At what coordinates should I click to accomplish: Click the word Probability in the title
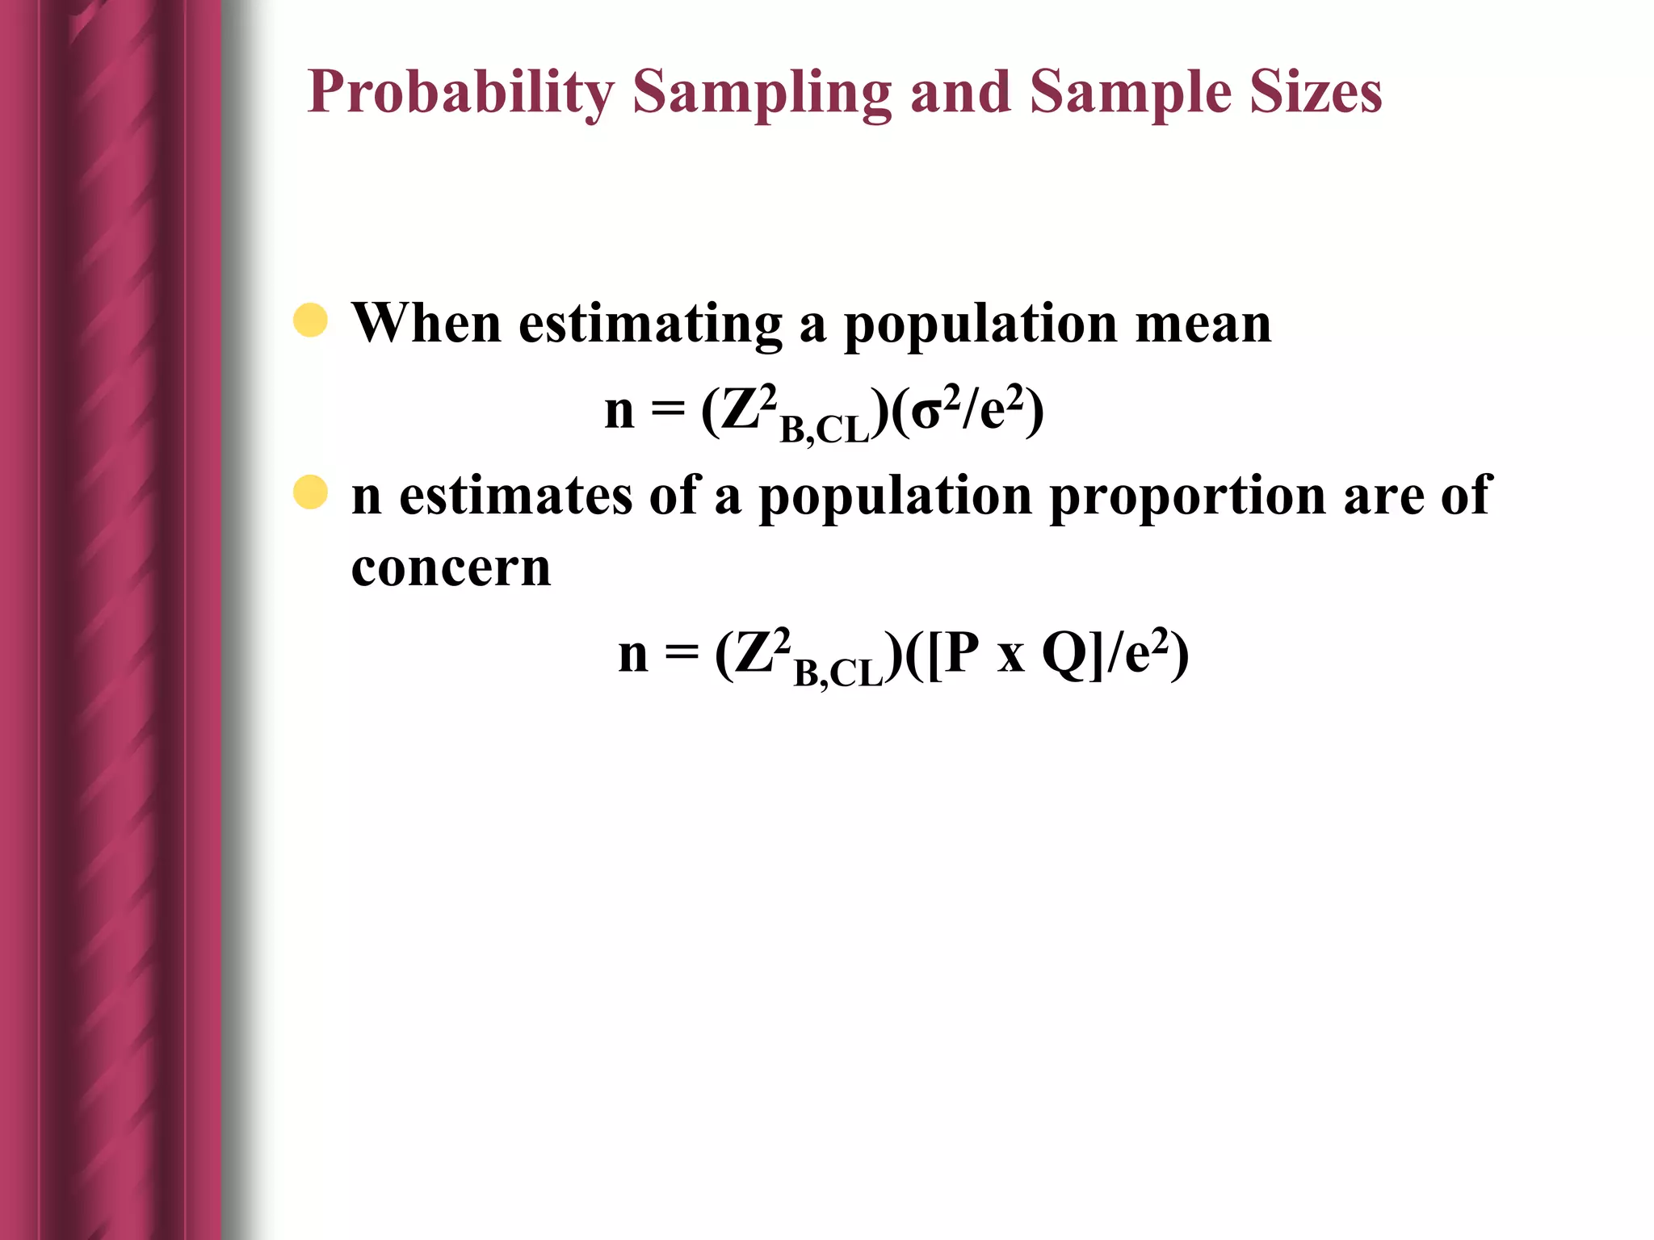click(460, 92)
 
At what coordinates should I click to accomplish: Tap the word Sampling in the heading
click(762, 92)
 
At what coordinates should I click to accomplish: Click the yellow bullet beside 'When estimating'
click(310, 320)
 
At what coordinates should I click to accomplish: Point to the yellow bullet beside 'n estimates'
click(310, 492)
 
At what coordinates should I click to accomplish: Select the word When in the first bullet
click(426, 323)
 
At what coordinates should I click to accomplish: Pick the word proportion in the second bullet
click(1187, 496)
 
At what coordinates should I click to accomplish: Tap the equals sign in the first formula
click(667, 410)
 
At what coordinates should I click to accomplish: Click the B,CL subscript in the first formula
click(824, 429)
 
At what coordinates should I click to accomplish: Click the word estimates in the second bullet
click(515, 496)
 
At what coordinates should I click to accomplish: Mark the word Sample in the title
click(1131, 92)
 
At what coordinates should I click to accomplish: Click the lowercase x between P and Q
click(1010, 657)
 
